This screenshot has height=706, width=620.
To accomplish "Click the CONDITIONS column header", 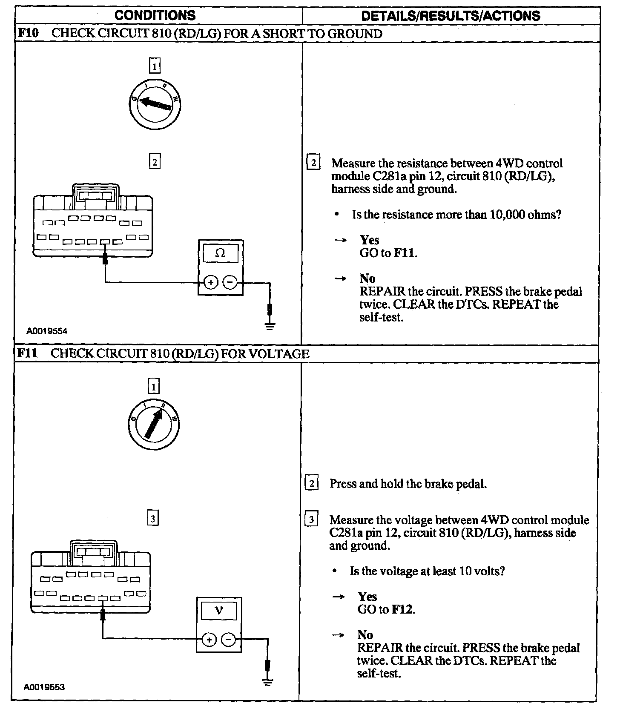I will point(155,16).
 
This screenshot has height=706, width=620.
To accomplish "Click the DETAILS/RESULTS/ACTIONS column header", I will point(450,16).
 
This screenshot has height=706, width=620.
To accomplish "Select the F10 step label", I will point(27,34).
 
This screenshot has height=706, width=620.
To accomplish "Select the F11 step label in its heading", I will point(27,354).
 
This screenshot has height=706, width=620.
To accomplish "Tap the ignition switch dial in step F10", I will point(155,104).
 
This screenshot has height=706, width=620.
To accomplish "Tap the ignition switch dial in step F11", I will point(153,425).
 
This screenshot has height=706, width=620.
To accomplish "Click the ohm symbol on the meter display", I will point(220,253).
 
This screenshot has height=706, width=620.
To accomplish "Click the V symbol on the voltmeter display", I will point(218,611).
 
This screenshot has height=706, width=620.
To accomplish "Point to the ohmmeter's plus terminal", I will point(211,282).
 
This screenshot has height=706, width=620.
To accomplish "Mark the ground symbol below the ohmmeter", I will point(270,326).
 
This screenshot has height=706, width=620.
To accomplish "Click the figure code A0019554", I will point(47,331).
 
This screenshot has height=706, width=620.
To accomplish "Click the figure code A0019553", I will point(45,687).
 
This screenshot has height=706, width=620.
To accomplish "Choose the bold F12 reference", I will point(402,609).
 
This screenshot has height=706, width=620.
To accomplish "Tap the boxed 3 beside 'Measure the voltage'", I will point(312,519).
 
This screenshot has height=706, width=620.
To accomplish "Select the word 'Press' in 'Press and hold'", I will point(343,484).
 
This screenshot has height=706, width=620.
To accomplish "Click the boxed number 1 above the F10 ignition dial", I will point(155,66).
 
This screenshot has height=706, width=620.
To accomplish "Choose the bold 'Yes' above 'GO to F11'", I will point(370,240).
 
